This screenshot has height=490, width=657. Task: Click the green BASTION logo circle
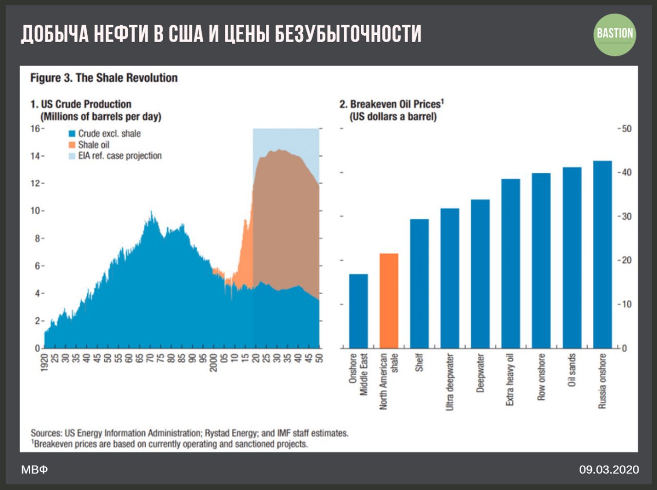[x=614, y=34]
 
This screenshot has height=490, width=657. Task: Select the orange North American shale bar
[x=389, y=301]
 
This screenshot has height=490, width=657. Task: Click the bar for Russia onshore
[x=603, y=255]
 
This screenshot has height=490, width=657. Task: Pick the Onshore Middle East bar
[x=359, y=311]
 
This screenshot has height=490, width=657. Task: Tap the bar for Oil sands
[x=572, y=258]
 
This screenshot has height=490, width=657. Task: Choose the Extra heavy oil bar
[x=511, y=263]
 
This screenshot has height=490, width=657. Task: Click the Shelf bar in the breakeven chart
[x=419, y=283]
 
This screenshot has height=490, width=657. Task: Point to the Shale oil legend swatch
[x=72, y=145]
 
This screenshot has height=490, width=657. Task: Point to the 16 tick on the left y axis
[x=35, y=129]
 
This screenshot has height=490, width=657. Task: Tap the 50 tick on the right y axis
[x=627, y=129]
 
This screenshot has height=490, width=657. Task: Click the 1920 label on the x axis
[x=45, y=362]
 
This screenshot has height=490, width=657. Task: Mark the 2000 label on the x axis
[x=214, y=362]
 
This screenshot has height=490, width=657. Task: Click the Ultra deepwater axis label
[x=450, y=381]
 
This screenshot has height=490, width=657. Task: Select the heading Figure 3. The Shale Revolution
[x=104, y=78]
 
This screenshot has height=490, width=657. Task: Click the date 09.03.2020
[x=609, y=469]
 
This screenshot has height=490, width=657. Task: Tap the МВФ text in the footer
[x=34, y=469]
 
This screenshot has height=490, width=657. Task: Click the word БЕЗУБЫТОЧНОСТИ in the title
[x=348, y=34]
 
